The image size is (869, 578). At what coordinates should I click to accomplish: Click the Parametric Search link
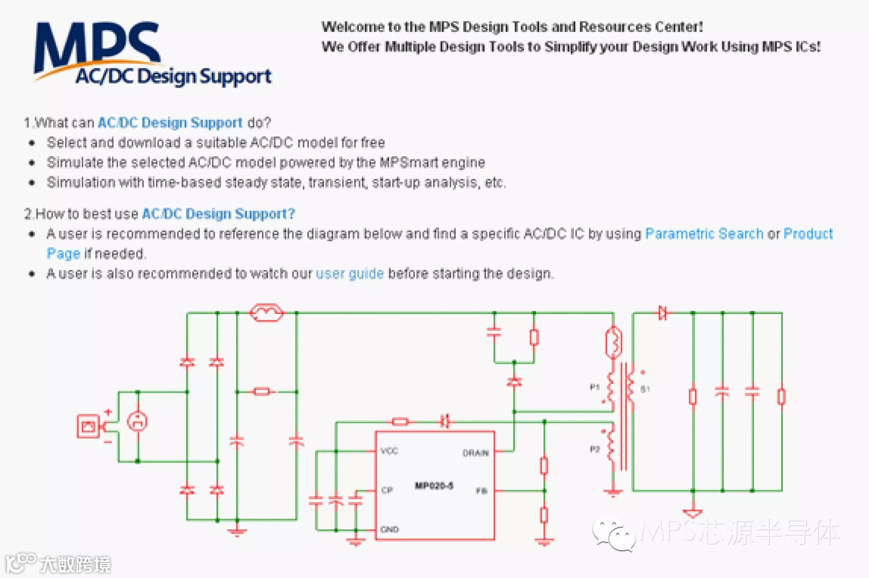704,234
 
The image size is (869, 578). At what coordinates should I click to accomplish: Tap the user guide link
350,274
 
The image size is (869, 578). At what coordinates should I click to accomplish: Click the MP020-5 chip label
434,485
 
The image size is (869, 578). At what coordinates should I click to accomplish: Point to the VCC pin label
389,451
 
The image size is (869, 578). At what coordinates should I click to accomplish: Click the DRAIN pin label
476,453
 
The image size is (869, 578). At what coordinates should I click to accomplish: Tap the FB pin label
482,491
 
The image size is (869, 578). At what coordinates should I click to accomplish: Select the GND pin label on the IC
389,529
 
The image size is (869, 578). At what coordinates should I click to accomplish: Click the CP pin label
387,490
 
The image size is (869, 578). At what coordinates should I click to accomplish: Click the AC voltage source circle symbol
137,421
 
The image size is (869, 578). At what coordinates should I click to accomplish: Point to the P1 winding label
594,387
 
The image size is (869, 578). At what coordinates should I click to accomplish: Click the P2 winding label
594,449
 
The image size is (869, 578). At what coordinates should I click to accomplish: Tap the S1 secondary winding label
645,389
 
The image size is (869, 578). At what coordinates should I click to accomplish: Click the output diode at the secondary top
663,313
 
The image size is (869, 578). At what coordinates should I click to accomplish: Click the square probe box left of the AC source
88,426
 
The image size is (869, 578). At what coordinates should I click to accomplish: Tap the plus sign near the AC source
108,412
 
